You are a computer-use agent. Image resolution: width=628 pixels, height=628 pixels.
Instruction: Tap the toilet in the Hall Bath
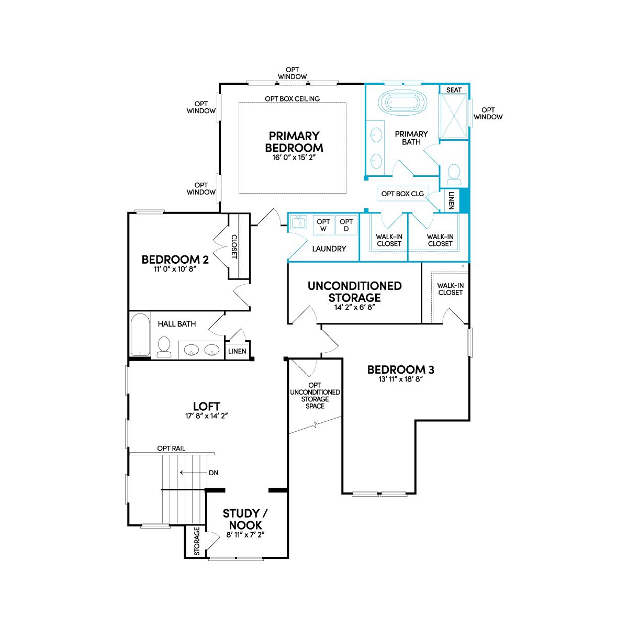point(164,347)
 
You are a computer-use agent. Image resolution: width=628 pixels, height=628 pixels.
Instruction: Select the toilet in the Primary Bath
point(454,174)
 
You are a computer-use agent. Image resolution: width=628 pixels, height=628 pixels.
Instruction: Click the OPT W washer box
point(323,225)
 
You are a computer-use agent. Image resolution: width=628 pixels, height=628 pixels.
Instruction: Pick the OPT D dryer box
point(346,225)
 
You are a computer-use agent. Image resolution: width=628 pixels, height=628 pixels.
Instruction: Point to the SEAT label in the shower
point(454,90)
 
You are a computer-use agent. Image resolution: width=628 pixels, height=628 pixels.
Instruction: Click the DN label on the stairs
point(214,473)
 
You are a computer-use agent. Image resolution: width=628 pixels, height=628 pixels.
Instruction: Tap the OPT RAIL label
point(171,448)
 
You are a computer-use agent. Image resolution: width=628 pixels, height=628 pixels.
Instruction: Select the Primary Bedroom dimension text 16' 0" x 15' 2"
point(294,158)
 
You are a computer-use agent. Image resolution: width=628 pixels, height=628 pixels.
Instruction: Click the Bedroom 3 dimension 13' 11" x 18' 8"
point(400,379)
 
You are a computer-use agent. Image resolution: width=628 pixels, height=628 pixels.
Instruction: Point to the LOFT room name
point(207,407)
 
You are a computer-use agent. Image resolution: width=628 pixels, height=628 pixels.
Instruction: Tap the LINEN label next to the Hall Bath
point(237,351)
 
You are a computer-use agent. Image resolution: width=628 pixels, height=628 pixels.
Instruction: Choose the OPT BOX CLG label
point(402,194)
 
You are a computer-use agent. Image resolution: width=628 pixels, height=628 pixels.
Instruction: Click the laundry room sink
point(298,222)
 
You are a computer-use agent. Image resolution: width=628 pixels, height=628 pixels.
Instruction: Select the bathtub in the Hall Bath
point(140,335)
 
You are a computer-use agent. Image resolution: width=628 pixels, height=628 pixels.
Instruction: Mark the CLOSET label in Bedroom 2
point(234,246)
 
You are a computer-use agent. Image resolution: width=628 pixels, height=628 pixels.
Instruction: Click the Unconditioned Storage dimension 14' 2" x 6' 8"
point(355,307)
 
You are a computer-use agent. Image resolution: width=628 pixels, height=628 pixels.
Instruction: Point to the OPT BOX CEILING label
point(293,99)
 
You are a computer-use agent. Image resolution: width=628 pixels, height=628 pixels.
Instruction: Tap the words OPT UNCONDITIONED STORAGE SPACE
point(315,396)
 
